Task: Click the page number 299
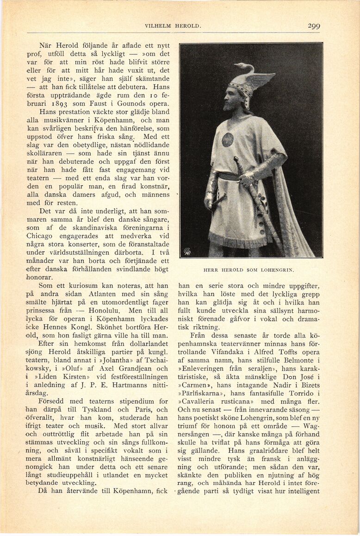point(313,26)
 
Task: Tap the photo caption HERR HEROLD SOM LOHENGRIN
point(249,269)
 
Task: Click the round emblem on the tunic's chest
point(227,139)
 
